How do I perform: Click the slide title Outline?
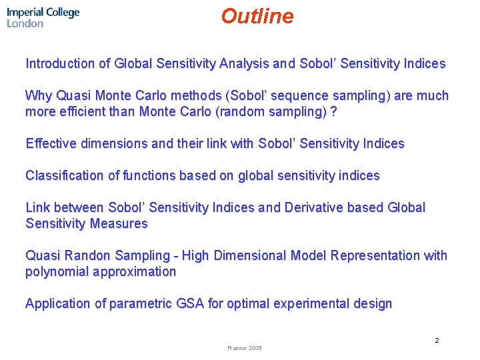tap(257, 16)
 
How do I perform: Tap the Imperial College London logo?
tap(43, 17)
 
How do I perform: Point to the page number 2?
tap(437, 341)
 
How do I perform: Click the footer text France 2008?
tap(245, 348)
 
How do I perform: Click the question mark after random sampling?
tap(333, 112)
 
